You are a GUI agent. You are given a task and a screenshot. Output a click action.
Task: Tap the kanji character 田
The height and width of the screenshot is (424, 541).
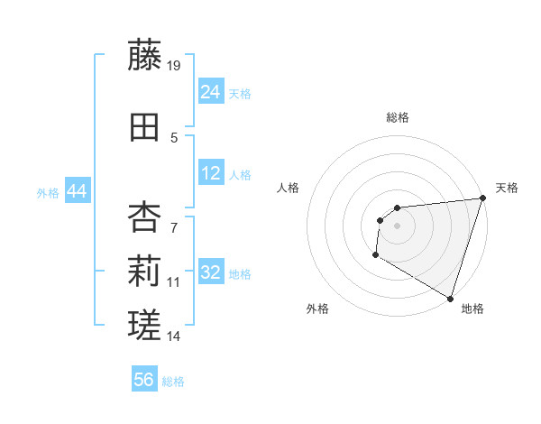click(x=145, y=127)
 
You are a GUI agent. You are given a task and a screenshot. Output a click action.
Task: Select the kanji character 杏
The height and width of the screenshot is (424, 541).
click(x=145, y=217)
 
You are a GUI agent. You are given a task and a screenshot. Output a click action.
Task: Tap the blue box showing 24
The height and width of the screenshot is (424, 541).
click(x=211, y=92)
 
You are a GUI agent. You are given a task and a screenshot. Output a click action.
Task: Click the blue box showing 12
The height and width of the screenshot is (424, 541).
click(x=211, y=173)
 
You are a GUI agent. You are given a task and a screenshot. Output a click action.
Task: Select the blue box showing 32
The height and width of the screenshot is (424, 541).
click(x=211, y=272)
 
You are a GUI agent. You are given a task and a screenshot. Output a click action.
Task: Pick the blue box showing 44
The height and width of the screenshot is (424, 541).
click(x=77, y=191)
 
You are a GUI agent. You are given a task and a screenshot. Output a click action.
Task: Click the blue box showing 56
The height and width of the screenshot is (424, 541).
click(x=144, y=380)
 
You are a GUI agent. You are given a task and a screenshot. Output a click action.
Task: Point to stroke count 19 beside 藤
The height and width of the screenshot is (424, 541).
click(x=175, y=65)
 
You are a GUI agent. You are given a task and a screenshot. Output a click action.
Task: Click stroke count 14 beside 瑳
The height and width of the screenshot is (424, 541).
click(x=174, y=336)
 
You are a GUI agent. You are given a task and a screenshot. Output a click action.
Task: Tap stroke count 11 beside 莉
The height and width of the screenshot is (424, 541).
click(x=174, y=282)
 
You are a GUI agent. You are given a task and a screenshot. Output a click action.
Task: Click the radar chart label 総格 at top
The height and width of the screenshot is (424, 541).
click(x=397, y=117)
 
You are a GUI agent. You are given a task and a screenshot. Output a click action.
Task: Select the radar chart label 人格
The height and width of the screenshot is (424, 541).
click(x=289, y=188)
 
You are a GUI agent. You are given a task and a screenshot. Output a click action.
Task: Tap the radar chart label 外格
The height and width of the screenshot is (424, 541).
click(x=317, y=309)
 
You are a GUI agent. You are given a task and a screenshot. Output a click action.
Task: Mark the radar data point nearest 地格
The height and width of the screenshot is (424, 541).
click(x=450, y=299)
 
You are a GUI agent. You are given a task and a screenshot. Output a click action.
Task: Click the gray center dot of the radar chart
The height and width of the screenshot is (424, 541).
click(x=397, y=226)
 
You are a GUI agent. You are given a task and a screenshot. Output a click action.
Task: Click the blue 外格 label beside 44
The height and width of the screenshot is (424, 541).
click(x=48, y=192)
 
